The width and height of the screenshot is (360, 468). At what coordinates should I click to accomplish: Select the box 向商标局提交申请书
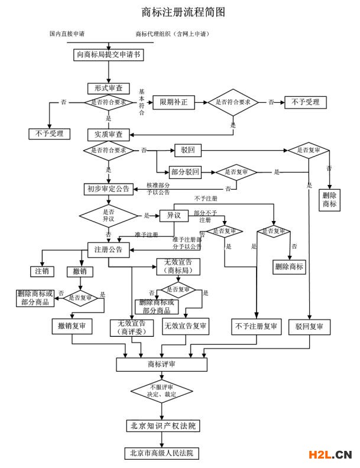pyautogui.click(x=109, y=56)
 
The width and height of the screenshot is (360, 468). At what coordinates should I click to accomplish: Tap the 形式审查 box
pyautogui.click(x=109, y=87)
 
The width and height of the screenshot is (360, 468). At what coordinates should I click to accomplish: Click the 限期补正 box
pyautogui.click(x=173, y=102)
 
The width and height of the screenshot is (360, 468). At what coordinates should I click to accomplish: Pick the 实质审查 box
pyautogui.click(x=108, y=134)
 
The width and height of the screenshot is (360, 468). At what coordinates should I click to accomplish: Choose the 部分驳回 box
pyautogui.click(x=186, y=172)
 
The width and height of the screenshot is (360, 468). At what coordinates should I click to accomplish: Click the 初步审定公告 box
pyautogui.click(x=108, y=189)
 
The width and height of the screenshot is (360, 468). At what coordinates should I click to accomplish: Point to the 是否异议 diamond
pyautogui.click(x=108, y=215)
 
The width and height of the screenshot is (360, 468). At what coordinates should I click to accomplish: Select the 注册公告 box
pyautogui.click(x=108, y=249)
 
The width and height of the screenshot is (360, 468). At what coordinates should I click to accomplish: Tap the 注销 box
pyautogui.click(x=42, y=271)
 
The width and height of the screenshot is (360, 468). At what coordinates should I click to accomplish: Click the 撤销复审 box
pyautogui.click(x=72, y=326)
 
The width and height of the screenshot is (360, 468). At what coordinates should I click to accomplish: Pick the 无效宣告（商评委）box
pyautogui.click(x=131, y=327)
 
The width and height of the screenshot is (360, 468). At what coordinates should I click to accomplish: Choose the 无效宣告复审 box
pyautogui.click(x=186, y=326)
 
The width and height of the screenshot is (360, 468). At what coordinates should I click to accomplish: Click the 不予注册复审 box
pyautogui.click(x=256, y=326)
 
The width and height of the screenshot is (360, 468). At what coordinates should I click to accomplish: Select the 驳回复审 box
pyautogui.click(x=309, y=326)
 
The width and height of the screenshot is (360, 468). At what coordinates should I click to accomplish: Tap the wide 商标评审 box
pyautogui.click(x=161, y=364)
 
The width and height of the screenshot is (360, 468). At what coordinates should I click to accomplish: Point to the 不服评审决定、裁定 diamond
pyautogui.click(x=161, y=390)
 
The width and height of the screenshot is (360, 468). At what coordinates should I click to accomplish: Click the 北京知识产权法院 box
pyautogui.click(x=162, y=425)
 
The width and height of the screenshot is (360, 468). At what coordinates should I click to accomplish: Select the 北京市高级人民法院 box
pyautogui.click(x=162, y=453)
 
